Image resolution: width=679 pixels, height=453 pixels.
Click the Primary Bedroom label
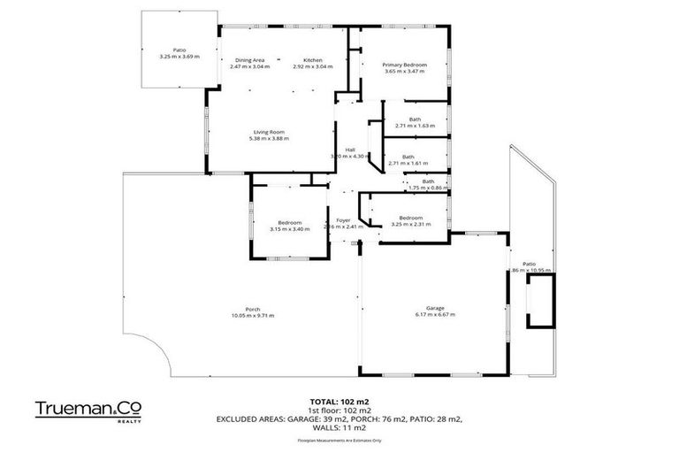[x=403, y=65]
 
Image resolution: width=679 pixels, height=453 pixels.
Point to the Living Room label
[x=270, y=132]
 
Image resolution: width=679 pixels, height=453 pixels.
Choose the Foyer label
[x=344, y=219]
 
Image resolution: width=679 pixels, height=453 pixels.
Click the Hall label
[x=350, y=150]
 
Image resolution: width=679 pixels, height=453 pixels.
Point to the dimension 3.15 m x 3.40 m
[x=290, y=229]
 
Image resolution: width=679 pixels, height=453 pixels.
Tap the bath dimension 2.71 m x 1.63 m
[x=416, y=126]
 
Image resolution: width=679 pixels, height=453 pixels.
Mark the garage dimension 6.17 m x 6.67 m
[x=435, y=315]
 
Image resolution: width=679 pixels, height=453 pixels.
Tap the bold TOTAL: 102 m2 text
[x=339, y=401]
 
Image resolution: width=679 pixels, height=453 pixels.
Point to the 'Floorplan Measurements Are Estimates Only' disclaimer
[x=339, y=440]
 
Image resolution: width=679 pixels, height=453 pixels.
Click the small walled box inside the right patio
[x=538, y=300]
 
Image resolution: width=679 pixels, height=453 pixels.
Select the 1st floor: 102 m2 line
[x=339, y=410]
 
